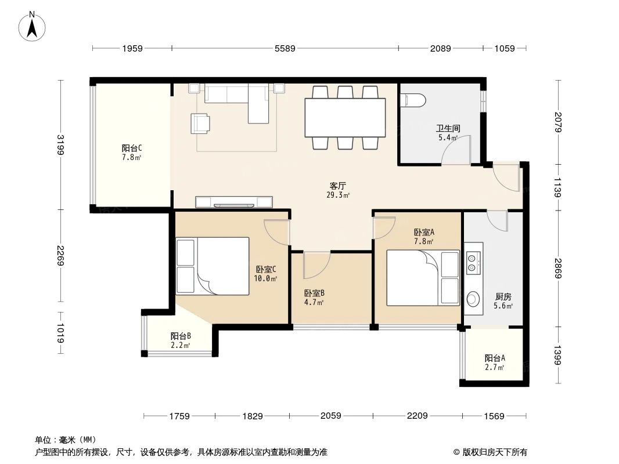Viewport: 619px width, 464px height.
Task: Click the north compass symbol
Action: [x=33, y=26]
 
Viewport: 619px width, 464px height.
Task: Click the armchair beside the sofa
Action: [x=201, y=123]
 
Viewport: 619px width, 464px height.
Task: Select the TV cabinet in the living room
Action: [x=235, y=202]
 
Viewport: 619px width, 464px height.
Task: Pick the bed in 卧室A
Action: [x=423, y=277]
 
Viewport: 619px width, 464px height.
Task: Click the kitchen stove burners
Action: [x=473, y=262]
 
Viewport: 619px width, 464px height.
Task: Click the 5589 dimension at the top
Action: [x=285, y=49]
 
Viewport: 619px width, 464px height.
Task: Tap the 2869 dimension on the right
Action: [x=558, y=268]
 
